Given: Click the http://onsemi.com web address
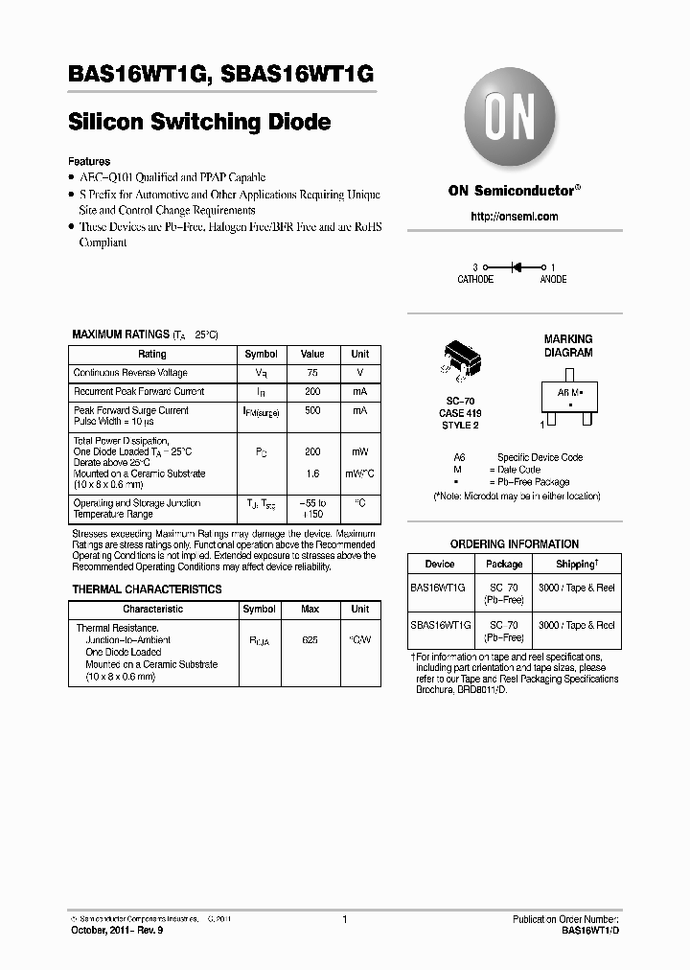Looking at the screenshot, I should point(514,217).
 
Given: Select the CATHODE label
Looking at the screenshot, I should point(474,280).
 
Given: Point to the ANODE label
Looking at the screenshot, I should point(553,280).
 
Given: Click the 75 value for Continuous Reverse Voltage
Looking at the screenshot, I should point(311,373).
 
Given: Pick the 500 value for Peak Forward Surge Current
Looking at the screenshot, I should point(311,410).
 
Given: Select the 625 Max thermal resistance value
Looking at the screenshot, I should point(310,639).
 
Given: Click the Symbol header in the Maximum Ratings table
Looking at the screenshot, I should point(261,354).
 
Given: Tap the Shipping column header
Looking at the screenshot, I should point(576,565).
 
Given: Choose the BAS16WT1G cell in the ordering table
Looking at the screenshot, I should point(438,586).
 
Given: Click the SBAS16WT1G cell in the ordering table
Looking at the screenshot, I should point(440,625).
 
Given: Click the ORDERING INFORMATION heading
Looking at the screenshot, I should point(514,544).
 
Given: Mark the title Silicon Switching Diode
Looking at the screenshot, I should point(199,123).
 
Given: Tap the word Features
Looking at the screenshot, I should point(89,161).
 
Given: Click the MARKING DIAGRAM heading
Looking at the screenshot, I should point(568,345).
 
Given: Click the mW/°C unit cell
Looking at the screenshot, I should point(359,473).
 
